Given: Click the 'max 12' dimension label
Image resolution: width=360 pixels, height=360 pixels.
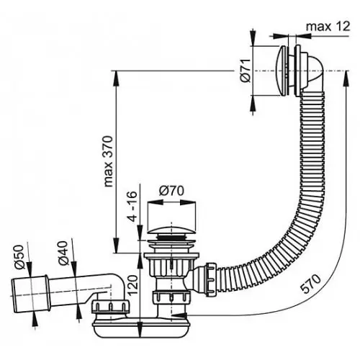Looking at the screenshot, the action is tap(328, 27).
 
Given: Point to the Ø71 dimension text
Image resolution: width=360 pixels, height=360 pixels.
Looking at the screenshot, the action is tap(246, 71).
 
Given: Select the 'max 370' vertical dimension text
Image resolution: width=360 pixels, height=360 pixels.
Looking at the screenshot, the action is tap(108, 161).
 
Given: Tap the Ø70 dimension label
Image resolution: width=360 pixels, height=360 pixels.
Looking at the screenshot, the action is tap(171, 192).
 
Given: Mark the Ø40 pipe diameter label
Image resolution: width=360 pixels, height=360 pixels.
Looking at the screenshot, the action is tap(64, 253).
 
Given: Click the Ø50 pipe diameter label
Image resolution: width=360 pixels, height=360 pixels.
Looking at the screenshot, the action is tap(20, 256).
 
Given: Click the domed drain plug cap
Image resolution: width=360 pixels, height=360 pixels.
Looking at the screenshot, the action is tap(171, 231).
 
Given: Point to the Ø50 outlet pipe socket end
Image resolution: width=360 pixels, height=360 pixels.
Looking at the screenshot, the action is tap(30, 295).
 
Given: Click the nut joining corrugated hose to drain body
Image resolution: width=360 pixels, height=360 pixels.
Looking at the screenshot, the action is tap(210, 279).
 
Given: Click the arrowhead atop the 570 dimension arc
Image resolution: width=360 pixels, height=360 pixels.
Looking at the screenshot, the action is tap(346, 77).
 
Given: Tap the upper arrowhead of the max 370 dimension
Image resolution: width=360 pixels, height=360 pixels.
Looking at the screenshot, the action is tap(116, 77).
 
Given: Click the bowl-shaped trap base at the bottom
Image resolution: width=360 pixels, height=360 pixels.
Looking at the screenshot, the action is tap(141, 329).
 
